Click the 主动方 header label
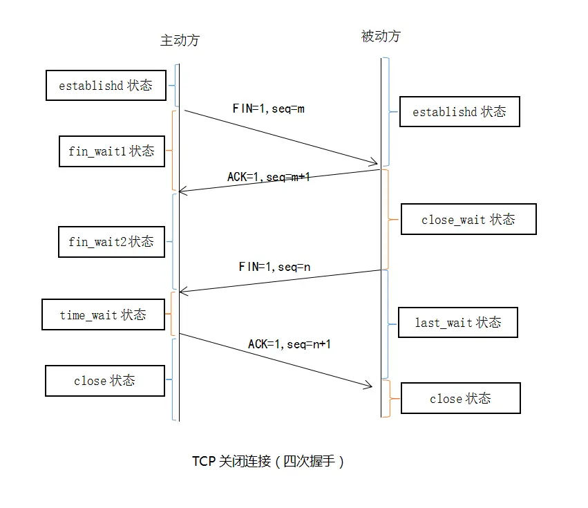(x=180, y=40)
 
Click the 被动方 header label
(x=381, y=37)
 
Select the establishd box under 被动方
(x=459, y=112)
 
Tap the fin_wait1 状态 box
(x=111, y=151)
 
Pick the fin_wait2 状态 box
(x=111, y=242)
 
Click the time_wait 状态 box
(x=103, y=315)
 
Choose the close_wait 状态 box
(x=468, y=220)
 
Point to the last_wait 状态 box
(x=457, y=323)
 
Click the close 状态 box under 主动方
(x=104, y=381)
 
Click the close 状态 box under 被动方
(x=460, y=399)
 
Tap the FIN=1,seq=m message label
(x=269, y=109)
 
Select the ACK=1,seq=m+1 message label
(x=269, y=177)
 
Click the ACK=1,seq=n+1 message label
(x=290, y=344)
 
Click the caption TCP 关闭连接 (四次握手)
(x=268, y=462)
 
